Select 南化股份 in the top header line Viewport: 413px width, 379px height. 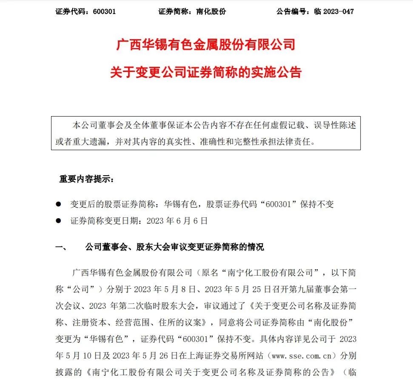click(x=211, y=11)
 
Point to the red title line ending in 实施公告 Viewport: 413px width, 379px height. click(x=206, y=72)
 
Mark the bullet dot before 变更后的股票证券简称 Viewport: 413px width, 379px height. click(x=59, y=205)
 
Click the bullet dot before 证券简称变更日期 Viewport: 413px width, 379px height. click(x=59, y=221)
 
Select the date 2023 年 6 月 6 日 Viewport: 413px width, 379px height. click(x=177, y=221)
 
